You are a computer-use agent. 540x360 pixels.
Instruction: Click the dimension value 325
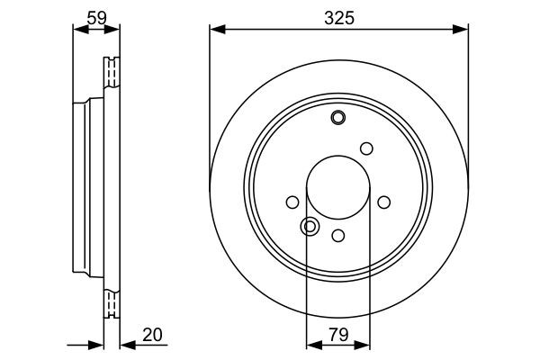pyautogui.click(x=338, y=14)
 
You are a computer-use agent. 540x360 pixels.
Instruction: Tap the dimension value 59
pyautogui.click(x=95, y=14)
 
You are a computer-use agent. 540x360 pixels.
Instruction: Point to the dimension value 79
pyautogui.click(x=338, y=335)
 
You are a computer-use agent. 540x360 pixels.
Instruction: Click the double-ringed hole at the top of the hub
pyautogui.click(x=338, y=117)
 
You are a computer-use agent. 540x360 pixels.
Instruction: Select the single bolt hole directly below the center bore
pyautogui.click(x=338, y=235)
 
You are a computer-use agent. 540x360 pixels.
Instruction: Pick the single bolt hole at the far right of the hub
pyautogui.click(x=384, y=202)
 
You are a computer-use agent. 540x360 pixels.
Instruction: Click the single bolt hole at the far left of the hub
pyautogui.click(x=292, y=202)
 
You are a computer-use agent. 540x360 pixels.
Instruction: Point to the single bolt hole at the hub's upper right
pyautogui.click(x=366, y=148)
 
